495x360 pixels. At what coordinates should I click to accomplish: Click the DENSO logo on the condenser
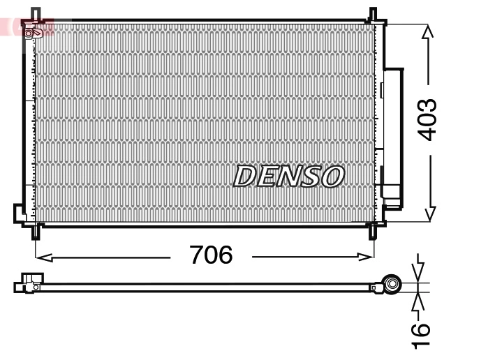point(288,177)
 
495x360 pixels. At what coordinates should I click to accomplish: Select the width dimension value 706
point(211,256)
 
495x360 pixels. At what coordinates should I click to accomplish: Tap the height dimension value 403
point(427,119)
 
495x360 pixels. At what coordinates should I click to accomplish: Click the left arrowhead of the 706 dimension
point(40,257)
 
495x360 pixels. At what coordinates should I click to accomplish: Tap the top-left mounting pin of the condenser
point(36,14)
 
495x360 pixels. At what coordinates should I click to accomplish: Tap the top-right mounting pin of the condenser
point(373,14)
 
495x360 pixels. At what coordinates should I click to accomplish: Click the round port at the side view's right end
point(392,284)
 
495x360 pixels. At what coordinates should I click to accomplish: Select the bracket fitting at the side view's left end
point(29,283)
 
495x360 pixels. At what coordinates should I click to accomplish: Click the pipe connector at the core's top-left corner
point(33,32)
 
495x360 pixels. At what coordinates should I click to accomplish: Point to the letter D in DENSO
point(244,177)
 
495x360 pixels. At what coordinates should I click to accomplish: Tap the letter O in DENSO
point(332,177)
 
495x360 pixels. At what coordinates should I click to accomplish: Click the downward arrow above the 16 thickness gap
point(419,273)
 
